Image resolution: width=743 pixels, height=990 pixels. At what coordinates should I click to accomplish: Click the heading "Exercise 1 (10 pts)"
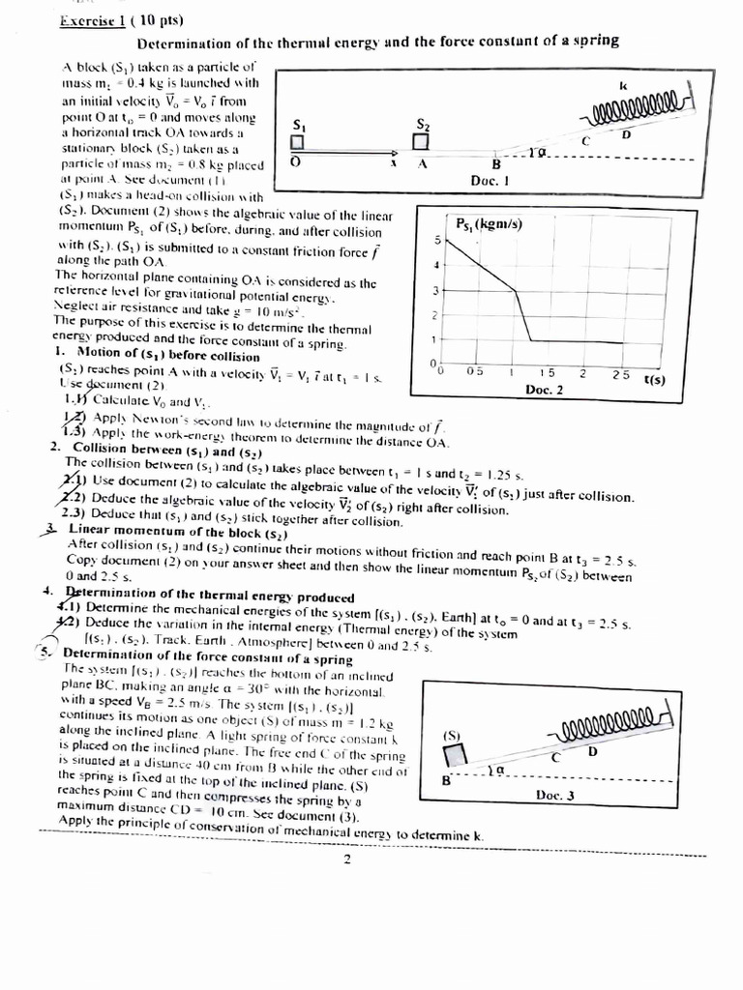107,20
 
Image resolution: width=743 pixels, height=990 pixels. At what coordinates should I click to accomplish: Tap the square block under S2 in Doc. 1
421,142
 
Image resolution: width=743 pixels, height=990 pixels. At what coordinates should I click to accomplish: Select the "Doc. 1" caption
490,180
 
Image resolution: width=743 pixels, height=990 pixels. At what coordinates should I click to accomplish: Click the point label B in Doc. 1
496,163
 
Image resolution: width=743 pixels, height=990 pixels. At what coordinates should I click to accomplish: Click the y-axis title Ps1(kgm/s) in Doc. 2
489,224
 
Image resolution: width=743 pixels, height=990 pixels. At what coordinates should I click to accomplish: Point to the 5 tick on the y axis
436,239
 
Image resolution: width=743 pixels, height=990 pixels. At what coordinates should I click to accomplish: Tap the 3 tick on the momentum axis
436,290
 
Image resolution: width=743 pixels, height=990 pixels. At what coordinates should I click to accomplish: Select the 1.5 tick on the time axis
547,372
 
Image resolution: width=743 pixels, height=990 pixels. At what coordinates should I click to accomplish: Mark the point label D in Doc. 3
592,751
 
